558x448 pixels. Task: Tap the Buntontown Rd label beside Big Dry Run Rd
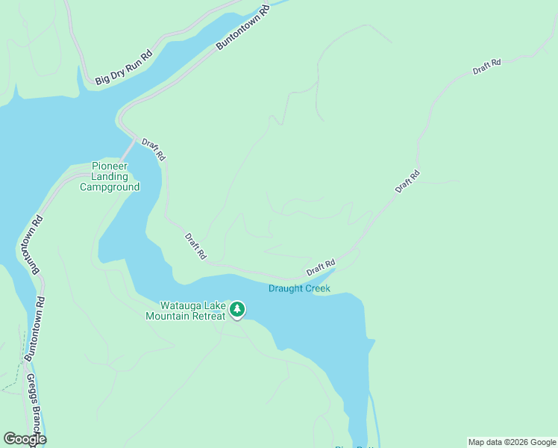(242, 30)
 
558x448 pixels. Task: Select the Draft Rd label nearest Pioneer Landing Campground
(154, 149)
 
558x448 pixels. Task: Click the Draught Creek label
(299, 288)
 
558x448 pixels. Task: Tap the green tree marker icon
(237, 309)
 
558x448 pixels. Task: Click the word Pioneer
(110, 166)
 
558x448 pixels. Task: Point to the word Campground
(110, 187)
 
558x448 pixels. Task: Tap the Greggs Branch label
(35, 409)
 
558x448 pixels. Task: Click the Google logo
(24, 439)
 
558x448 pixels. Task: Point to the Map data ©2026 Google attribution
(512, 442)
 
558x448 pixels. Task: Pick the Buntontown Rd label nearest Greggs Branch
(34, 329)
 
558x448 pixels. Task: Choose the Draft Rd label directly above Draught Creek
(321, 266)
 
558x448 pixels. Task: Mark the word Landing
(110, 176)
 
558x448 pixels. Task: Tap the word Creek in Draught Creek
(316, 288)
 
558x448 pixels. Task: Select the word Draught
(284, 288)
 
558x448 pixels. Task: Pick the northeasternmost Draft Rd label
(486, 67)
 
